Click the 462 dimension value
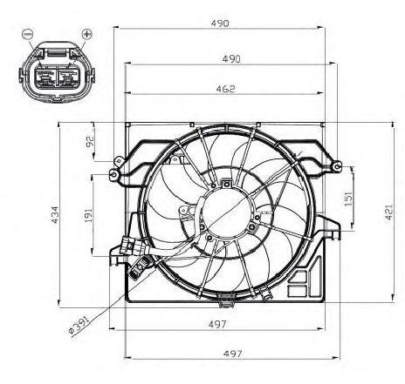click(225, 89)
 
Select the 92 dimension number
click(90, 141)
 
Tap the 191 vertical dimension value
click(89, 215)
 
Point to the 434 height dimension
click(55, 215)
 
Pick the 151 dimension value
click(348, 199)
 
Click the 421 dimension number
click(389, 212)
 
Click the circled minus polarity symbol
click(28, 34)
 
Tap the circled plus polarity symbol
click(86, 34)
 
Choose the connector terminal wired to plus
click(68, 77)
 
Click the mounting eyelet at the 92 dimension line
click(119, 161)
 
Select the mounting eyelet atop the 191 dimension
click(113, 174)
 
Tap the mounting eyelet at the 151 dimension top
click(336, 166)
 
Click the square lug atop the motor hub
click(226, 184)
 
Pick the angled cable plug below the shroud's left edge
click(140, 267)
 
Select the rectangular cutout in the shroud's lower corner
click(297, 291)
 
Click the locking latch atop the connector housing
click(56, 52)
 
